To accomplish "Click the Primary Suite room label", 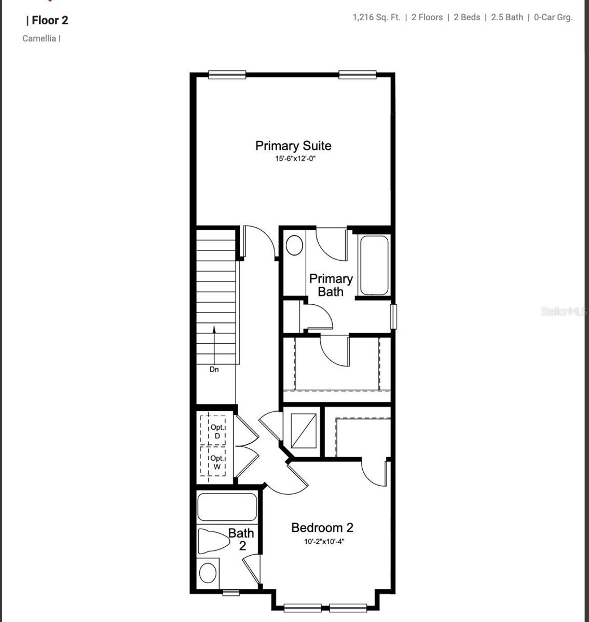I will pyautogui.click(x=293, y=146).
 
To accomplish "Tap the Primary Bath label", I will pyautogui.click(x=331, y=285).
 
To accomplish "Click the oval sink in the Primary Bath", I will pyautogui.click(x=294, y=245).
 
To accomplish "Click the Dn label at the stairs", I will pyautogui.click(x=214, y=370).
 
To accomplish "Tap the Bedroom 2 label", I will pyautogui.click(x=322, y=528).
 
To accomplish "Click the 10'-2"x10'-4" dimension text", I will pyautogui.click(x=324, y=542).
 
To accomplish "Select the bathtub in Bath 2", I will pyautogui.click(x=227, y=507).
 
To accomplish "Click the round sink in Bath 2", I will pyautogui.click(x=208, y=573).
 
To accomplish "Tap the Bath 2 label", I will pyautogui.click(x=241, y=539).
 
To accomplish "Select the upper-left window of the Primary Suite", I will pyautogui.click(x=227, y=75).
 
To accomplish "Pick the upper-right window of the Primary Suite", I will pyautogui.click(x=357, y=75).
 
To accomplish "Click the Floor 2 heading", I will pyautogui.click(x=50, y=20).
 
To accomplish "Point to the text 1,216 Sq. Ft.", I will pyautogui.click(x=376, y=17).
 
